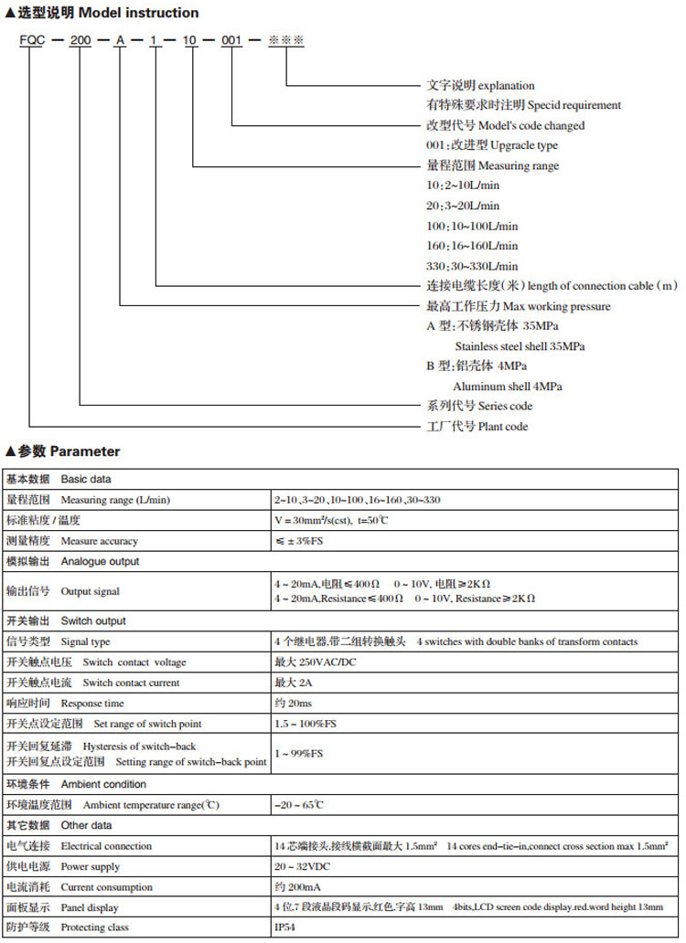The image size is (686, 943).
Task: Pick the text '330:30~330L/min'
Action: coord(472,266)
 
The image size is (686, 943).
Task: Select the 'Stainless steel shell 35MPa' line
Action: coord(520,346)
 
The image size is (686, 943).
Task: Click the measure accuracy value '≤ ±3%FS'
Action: coord(299,541)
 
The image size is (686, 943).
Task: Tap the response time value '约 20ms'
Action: coord(293,704)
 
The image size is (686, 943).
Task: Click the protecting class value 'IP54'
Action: coord(285,927)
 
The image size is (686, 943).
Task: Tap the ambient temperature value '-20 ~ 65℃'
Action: coord(299,805)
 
